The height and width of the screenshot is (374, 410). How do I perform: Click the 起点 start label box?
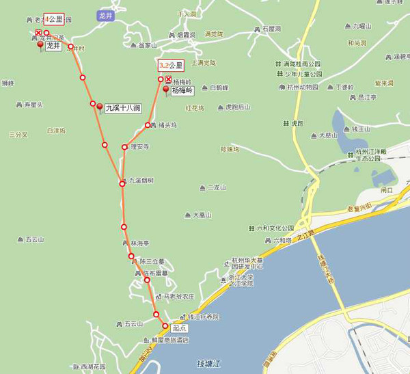click(178, 328)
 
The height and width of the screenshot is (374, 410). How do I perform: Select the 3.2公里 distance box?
click(171, 66)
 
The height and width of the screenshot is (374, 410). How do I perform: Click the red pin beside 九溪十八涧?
click(100, 107)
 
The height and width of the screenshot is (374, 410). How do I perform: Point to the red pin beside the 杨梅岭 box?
click(165, 90)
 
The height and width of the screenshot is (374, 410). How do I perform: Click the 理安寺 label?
click(139, 146)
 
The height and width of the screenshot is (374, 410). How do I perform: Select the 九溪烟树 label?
click(141, 181)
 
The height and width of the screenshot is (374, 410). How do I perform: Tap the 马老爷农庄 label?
click(178, 297)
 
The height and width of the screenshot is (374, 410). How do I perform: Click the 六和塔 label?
click(282, 240)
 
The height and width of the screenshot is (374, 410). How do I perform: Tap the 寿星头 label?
click(33, 105)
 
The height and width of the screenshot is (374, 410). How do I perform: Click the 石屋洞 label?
click(271, 29)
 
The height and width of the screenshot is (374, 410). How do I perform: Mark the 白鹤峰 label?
click(219, 88)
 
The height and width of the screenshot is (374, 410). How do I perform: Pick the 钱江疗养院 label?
click(203, 317)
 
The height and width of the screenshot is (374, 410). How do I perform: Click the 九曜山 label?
click(362, 26)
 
